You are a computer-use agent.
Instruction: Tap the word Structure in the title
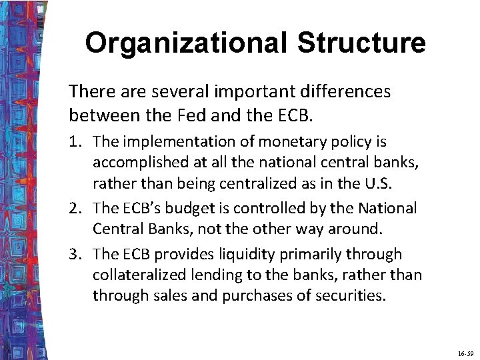pyautogui.click(x=361, y=43)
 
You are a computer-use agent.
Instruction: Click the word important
pyautogui.click(x=241, y=91)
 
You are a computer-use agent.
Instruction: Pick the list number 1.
pyautogui.click(x=76, y=142)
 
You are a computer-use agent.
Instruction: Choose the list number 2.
pyautogui.click(x=76, y=209)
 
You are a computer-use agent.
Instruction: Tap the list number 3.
pyautogui.click(x=76, y=255)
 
